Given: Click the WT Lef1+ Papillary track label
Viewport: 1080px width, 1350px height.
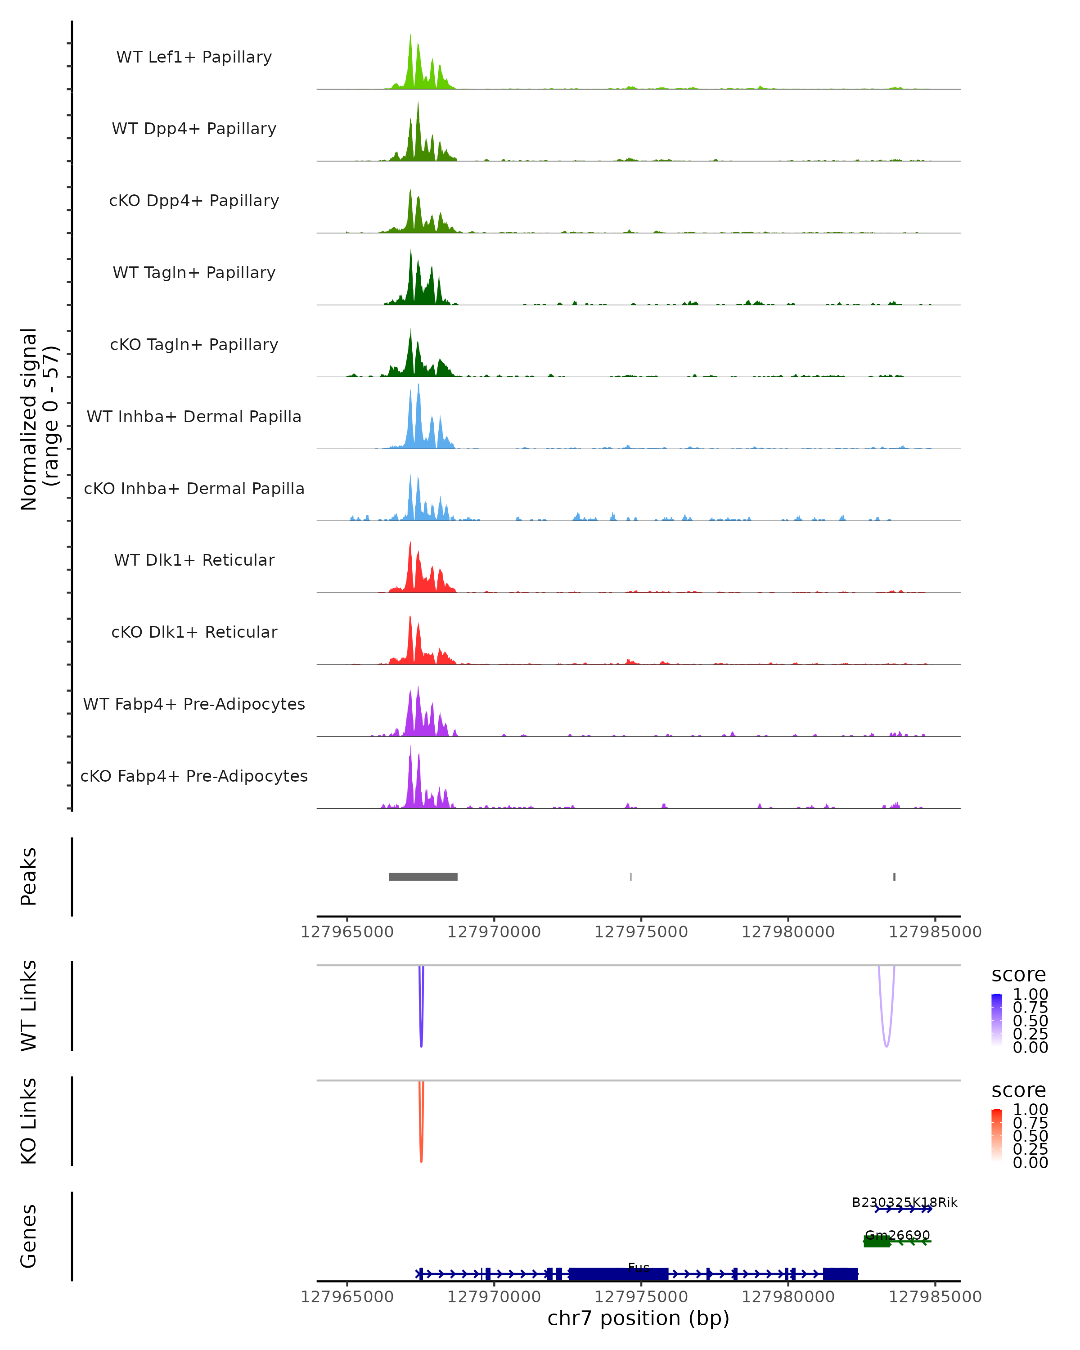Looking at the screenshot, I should [194, 57].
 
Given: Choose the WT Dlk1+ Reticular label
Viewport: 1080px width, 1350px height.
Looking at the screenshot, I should [194, 560].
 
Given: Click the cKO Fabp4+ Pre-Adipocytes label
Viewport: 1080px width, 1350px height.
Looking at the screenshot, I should [194, 776].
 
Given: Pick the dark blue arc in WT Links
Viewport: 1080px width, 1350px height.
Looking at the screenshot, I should [421, 1027].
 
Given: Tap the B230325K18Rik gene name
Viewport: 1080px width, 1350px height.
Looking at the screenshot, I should [904, 1202].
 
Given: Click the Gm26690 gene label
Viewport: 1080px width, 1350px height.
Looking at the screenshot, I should [897, 1235].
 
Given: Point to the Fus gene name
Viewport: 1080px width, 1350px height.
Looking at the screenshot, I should [639, 1267].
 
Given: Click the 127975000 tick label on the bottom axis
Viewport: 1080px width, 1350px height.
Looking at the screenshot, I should [641, 1297].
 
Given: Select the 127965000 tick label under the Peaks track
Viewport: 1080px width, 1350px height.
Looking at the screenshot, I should [347, 932].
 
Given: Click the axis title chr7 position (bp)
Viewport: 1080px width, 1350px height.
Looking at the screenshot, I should [638, 1318].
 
